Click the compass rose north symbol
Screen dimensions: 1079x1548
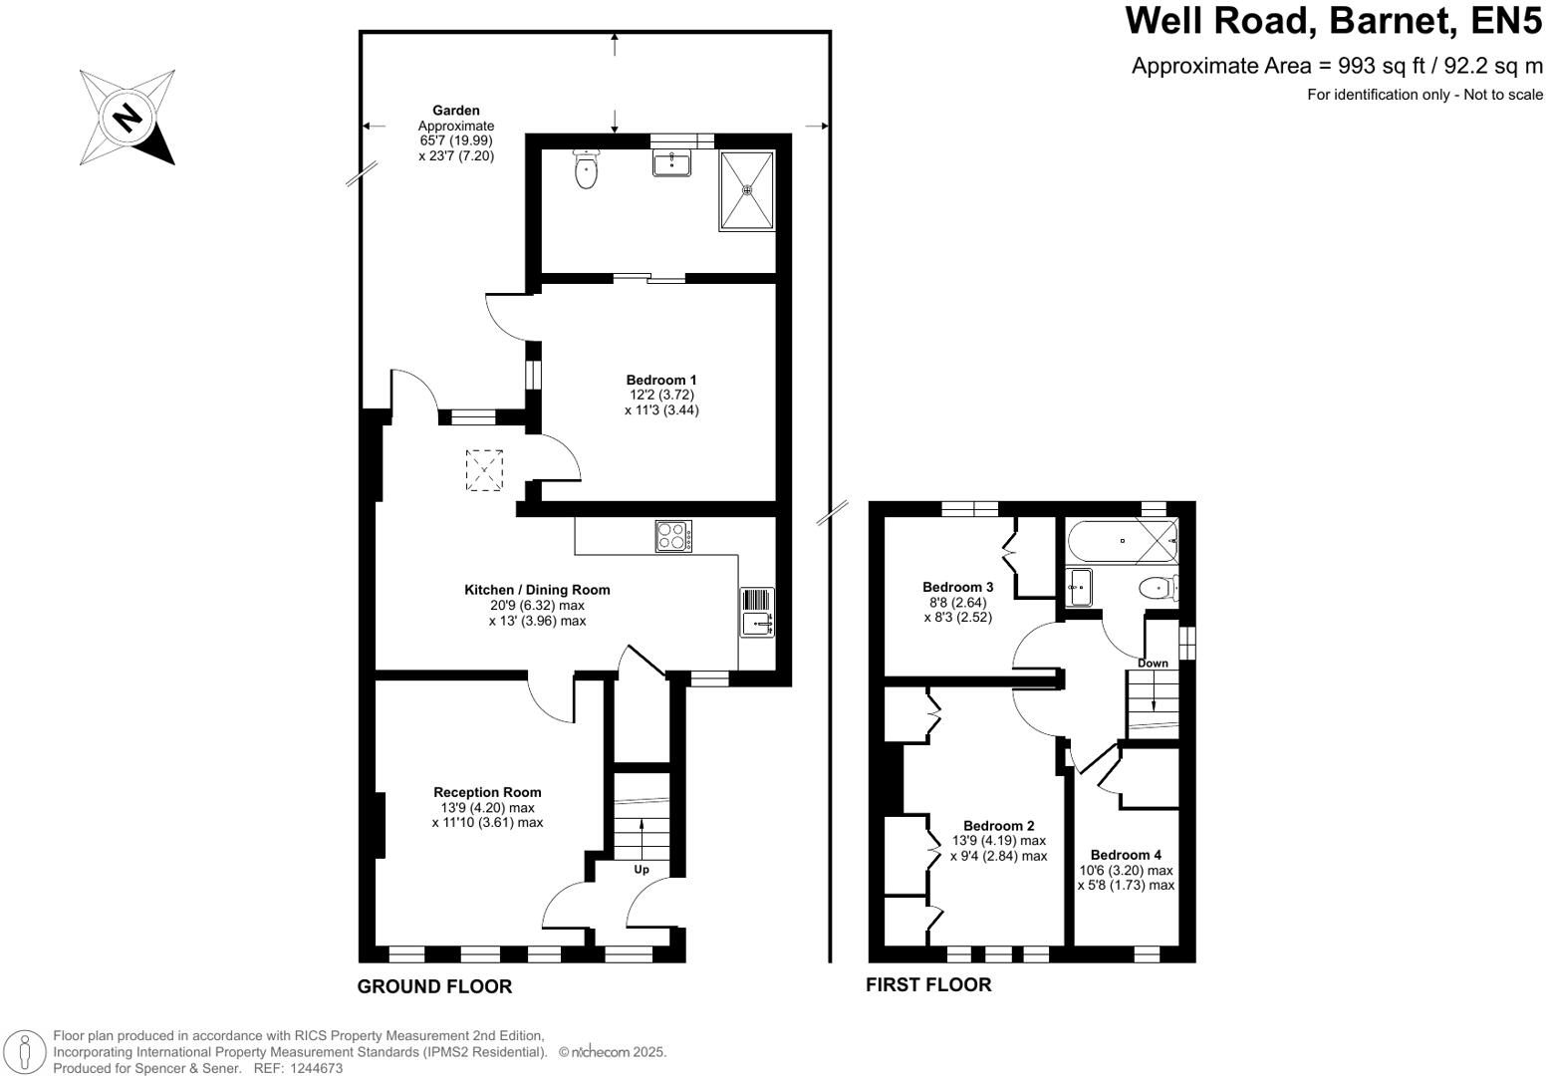coord(128,117)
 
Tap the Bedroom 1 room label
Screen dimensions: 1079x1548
coord(661,380)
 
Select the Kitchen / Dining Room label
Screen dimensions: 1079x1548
coord(537,590)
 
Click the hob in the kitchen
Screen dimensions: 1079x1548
coord(674,537)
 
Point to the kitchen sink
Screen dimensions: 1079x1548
coord(757,625)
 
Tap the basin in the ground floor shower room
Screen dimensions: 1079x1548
coord(671,162)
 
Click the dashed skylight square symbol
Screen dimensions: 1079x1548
coord(485,470)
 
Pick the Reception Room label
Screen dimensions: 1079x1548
coord(487,792)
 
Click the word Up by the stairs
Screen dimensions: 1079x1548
coord(642,870)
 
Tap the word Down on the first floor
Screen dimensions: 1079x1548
coord(1153,664)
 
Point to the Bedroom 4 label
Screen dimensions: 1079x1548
coord(1126,855)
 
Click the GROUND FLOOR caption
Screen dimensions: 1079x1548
coord(434,986)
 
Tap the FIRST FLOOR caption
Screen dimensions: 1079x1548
coord(928,984)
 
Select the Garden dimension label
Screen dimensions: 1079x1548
coord(456,133)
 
